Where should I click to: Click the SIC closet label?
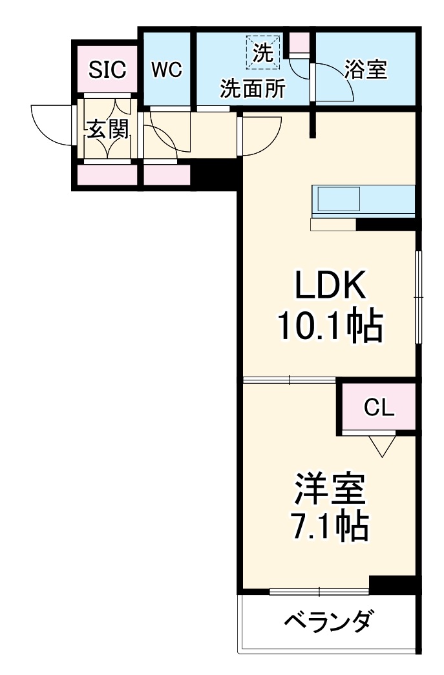point(107,70)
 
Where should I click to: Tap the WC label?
point(167,69)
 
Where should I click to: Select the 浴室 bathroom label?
point(366,69)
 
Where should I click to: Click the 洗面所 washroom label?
point(252,89)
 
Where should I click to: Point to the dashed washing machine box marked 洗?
point(263,51)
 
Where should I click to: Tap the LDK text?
point(330,285)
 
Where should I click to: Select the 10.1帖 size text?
point(330,326)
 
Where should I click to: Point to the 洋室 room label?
point(330,489)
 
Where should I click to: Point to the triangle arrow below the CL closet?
point(382,445)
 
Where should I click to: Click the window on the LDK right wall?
point(419,296)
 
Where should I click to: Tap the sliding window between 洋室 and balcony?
point(319,590)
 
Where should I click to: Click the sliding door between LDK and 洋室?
point(289,380)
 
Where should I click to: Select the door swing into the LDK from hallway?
point(260,134)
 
